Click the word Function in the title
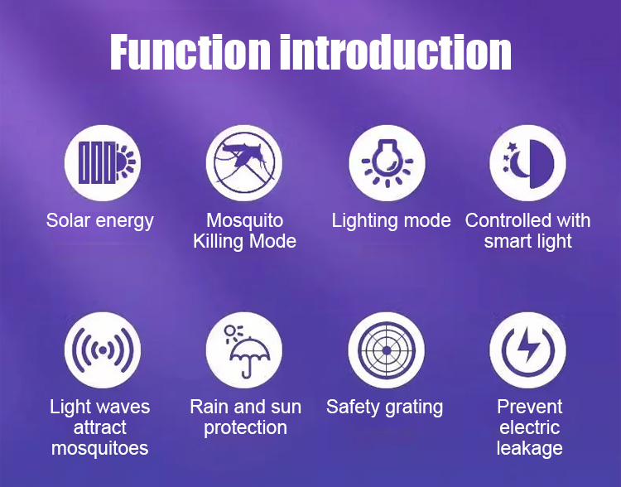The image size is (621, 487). click(190, 52)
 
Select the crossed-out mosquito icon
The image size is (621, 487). click(244, 163)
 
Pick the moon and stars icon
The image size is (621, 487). click(528, 163)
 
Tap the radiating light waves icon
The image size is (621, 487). click(103, 350)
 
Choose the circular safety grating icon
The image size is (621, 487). click(387, 350)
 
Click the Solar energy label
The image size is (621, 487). click(100, 221)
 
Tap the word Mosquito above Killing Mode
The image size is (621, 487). click(245, 220)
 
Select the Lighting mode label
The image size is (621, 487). click(392, 221)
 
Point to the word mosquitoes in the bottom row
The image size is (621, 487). click(100, 449)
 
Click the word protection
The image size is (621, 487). click(246, 428)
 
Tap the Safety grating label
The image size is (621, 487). click(384, 407)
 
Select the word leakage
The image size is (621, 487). click(530, 449)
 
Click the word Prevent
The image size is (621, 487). click(530, 407)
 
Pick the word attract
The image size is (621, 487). click(100, 427)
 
